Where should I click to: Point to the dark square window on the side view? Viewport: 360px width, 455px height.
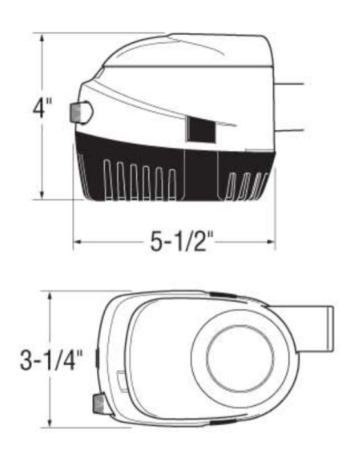(x=201, y=129)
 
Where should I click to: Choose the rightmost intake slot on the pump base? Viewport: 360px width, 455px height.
(x=261, y=184)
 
